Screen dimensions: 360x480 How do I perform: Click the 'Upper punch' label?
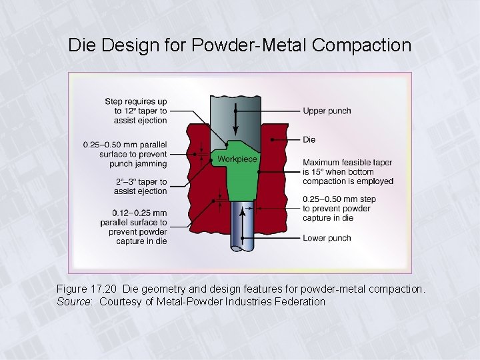[x=327, y=111]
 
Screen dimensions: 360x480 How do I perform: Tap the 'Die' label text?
[x=309, y=139]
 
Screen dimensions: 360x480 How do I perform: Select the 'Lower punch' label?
[x=327, y=238]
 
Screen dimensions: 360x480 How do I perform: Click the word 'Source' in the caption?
[x=73, y=301]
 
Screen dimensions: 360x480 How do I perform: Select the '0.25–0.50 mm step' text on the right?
[x=339, y=199]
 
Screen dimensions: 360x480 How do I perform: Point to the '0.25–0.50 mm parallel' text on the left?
[x=125, y=145]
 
